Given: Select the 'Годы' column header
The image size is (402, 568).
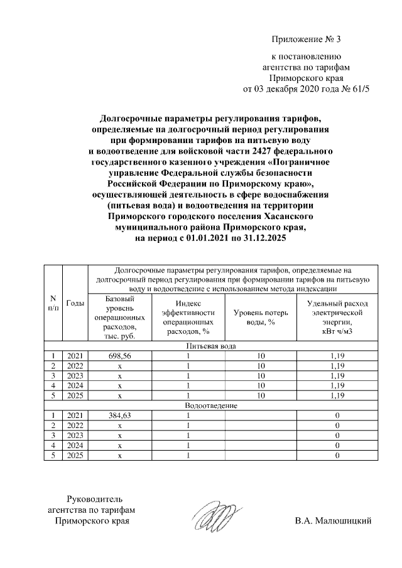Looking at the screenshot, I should [75, 303].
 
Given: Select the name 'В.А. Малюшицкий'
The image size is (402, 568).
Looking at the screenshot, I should [333, 520].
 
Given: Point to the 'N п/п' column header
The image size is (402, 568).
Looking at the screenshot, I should [53, 303].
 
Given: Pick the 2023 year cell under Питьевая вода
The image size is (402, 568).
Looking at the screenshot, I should [75, 376].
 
